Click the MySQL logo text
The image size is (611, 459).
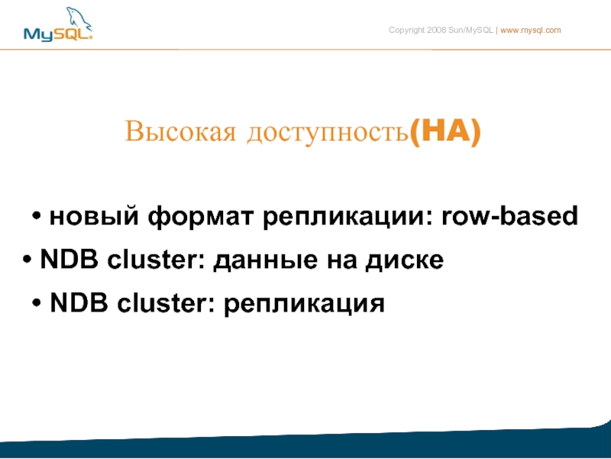pos(58,34)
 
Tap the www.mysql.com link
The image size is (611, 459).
pos(530,31)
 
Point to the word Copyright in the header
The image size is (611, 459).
pos(406,31)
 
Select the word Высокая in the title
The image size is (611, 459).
pos(180,131)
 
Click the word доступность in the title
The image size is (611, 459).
pos(328,132)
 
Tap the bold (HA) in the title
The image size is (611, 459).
pos(445,131)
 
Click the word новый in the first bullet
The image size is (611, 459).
pos(94,215)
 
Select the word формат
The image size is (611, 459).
pos(201,217)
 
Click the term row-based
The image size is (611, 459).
pos(509,215)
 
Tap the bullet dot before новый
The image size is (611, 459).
pos(37,215)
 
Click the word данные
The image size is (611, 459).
pos(265,260)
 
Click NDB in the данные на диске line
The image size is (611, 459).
pos(70,258)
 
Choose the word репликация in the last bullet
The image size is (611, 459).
pos(304,304)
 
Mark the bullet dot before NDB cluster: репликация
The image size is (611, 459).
pos(37,302)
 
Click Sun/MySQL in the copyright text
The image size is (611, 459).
pos(470,31)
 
